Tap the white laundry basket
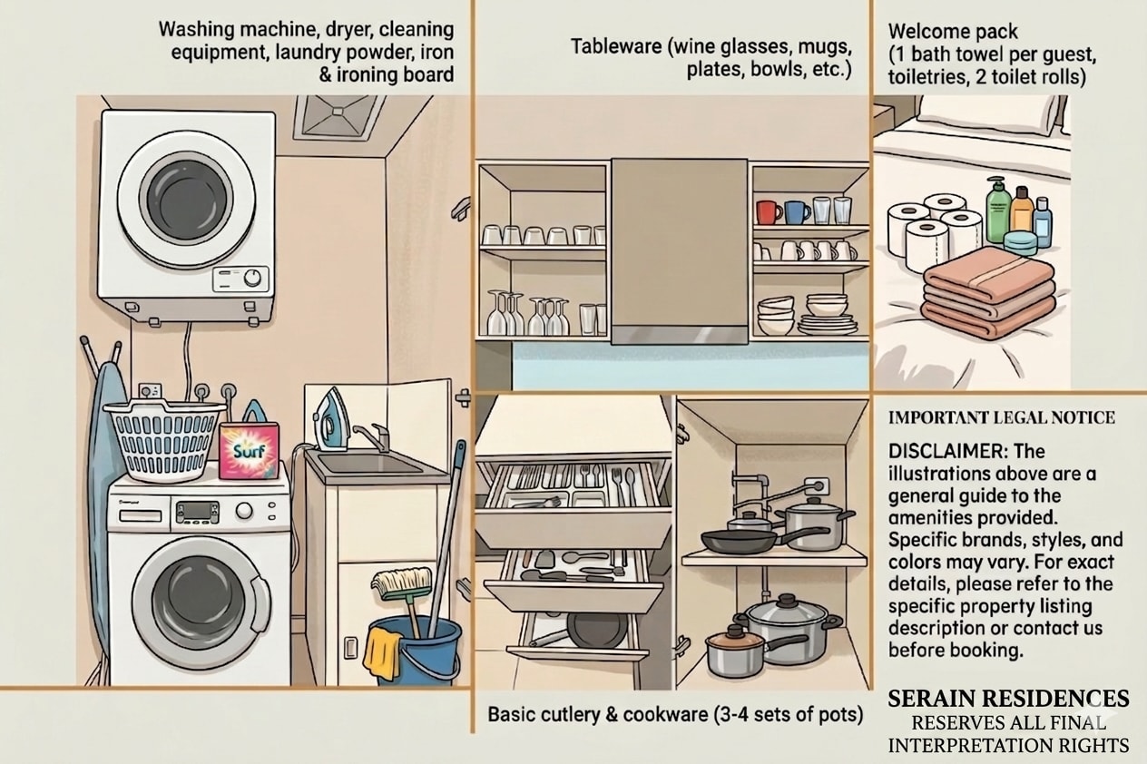point(164,440)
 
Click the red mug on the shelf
point(768,212)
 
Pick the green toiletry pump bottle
point(998,210)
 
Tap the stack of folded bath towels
point(988,293)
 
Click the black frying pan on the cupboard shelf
point(737,541)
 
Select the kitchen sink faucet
point(374,436)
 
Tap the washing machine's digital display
point(198,511)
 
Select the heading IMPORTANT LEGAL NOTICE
point(1001,417)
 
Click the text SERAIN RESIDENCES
point(1008,699)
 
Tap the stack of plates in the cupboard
point(828,325)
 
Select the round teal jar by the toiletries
point(1020,242)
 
